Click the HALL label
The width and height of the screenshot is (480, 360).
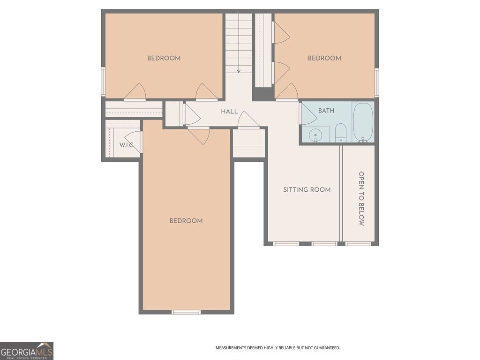229,112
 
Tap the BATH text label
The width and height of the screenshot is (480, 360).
326,111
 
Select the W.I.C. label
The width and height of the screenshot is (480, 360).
126,145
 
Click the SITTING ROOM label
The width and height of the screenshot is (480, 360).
307,190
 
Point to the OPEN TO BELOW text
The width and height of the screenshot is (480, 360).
361,198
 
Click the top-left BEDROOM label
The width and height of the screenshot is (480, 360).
164,58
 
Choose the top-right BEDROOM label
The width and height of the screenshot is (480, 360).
324,58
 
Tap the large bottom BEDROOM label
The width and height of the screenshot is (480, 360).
186,221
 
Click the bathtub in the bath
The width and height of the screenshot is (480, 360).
363,122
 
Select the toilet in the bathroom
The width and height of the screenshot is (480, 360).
341,133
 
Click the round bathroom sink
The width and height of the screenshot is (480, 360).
316,135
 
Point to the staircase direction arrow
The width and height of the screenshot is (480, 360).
239,70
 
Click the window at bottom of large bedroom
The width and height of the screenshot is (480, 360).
186,312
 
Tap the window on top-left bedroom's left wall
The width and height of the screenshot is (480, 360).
103,82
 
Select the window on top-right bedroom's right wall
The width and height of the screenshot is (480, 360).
376,82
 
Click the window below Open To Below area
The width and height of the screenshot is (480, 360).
359,244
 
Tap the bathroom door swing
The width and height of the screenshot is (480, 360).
307,114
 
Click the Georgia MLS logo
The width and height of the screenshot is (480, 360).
27,351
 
